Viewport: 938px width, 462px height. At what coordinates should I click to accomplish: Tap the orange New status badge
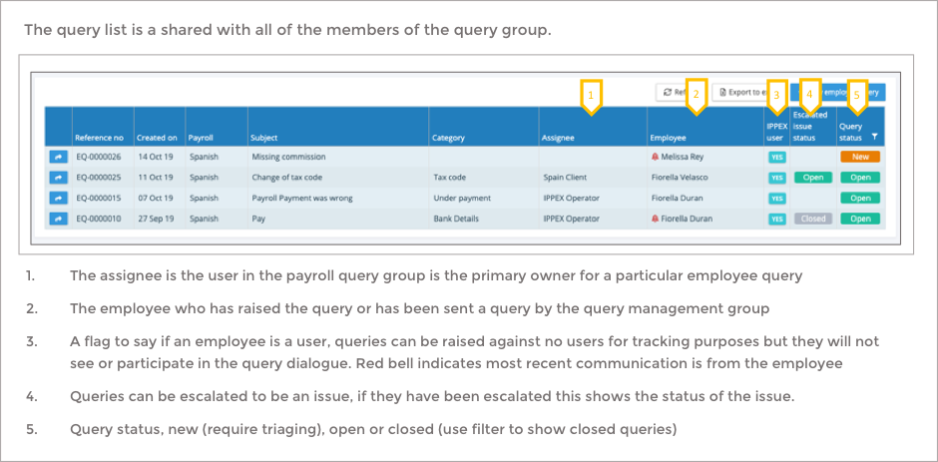click(860, 157)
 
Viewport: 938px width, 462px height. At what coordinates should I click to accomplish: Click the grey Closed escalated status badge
click(813, 219)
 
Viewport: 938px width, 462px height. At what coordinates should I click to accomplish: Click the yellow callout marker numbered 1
click(591, 96)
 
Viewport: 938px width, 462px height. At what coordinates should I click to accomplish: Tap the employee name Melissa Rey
click(683, 157)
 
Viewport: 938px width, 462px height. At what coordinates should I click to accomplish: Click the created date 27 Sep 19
click(157, 219)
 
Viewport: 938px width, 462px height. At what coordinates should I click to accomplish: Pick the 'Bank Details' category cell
click(458, 219)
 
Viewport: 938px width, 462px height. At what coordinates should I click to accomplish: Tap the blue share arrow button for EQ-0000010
click(58, 219)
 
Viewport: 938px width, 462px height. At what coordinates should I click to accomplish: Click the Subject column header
click(264, 137)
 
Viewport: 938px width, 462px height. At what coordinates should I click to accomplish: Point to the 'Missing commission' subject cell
click(288, 157)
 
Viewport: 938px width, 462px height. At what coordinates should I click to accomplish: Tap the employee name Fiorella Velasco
click(688, 178)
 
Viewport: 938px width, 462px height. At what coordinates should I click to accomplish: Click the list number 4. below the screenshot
click(32, 396)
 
